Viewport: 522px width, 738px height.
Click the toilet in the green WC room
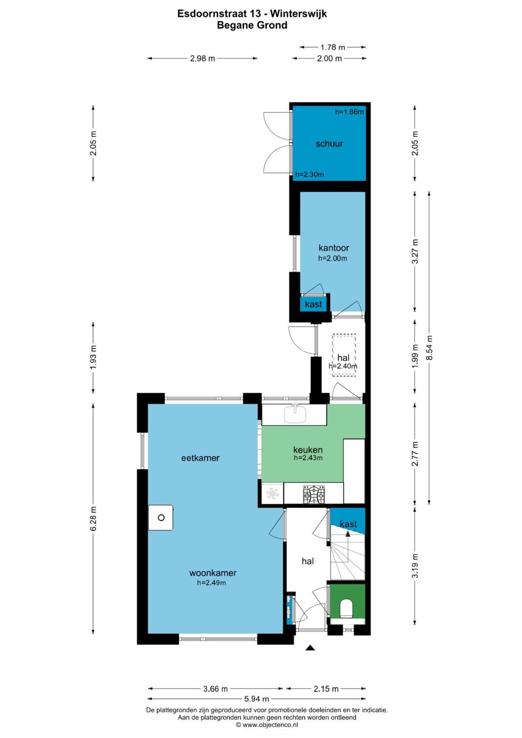[x=346, y=608]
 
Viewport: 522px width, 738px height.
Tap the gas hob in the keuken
[x=314, y=495]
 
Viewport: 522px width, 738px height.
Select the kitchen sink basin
[x=295, y=414]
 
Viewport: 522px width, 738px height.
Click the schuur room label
[x=329, y=144]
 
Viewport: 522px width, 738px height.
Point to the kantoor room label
[x=333, y=248]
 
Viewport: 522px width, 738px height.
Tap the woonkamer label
[x=213, y=573]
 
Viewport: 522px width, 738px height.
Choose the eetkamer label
[x=201, y=458]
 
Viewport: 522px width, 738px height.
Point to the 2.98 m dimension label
[x=203, y=58]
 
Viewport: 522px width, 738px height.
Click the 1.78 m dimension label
[x=333, y=47]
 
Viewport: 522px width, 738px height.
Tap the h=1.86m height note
[x=349, y=112]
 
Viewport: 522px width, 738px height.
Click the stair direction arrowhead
[x=348, y=534]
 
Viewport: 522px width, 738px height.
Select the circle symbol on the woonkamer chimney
[x=161, y=518]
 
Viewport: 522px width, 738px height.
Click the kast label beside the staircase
[x=348, y=524]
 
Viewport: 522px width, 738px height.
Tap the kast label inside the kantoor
[x=313, y=304]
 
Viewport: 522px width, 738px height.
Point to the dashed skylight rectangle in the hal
[x=344, y=355]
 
